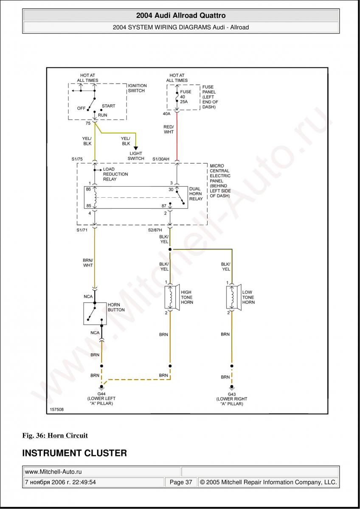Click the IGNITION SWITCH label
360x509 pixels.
(137, 88)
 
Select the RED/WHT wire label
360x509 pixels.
(169, 129)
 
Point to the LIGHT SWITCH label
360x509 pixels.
(136, 156)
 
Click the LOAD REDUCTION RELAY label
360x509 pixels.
(115, 174)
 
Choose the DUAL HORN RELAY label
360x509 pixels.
(196, 194)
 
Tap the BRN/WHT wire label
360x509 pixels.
(88, 263)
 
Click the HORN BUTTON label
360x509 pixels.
(116, 307)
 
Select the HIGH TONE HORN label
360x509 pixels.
(187, 297)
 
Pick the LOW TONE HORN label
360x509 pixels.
(248, 297)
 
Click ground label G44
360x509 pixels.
(101, 394)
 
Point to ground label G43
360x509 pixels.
(232, 394)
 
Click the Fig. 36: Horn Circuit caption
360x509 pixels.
(55, 435)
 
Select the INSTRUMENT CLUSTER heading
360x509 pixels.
(74, 453)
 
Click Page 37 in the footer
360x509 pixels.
(181, 482)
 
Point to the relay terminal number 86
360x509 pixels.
(88, 190)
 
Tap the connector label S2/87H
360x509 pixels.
(155, 229)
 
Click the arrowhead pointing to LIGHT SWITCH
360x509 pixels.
(136, 148)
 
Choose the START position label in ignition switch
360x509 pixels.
(108, 106)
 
